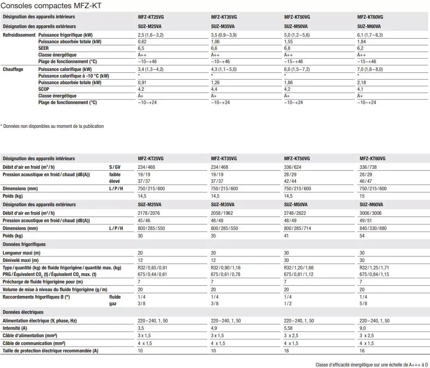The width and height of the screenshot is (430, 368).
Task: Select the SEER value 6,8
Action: [x=287, y=48]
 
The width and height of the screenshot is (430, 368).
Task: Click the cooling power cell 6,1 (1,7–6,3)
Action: [x=370, y=35]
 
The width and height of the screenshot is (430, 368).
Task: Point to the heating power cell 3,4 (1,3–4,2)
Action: [x=151, y=69]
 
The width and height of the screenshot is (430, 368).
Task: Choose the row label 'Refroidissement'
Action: [x=19, y=35]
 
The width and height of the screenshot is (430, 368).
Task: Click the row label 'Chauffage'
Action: [x=13, y=69]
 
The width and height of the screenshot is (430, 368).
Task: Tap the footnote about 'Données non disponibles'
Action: [x=52, y=126]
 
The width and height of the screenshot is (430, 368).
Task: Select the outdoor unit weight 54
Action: [x=363, y=236]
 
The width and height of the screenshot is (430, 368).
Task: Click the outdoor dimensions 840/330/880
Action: [x=373, y=228]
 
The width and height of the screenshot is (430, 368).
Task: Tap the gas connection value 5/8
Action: [x=363, y=303]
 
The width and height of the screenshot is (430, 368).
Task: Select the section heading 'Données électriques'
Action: [x=23, y=312]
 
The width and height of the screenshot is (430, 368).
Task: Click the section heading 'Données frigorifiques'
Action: [x=24, y=244]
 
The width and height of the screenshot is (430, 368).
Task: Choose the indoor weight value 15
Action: [x=362, y=196]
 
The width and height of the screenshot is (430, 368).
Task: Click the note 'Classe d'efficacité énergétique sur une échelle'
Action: [x=372, y=365]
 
